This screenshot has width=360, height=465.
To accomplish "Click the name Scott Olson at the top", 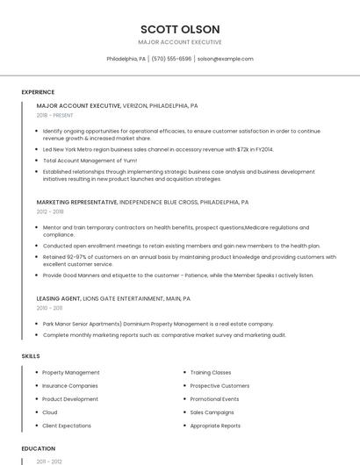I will pyautogui.click(x=179, y=29).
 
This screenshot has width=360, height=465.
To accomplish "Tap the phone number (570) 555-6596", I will pyautogui.click(x=171, y=59).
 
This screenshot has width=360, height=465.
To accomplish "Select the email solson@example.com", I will pyautogui.click(x=226, y=59).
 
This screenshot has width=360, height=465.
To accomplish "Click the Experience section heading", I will pyautogui.click(x=38, y=92).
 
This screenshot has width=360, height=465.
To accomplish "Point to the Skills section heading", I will pyautogui.click(x=31, y=356).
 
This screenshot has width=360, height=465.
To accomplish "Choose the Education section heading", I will pyautogui.click(x=38, y=448).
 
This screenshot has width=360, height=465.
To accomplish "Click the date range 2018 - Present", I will pyautogui.click(x=54, y=115).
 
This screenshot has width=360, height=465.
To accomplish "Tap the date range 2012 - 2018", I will pyautogui.click(x=50, y=211).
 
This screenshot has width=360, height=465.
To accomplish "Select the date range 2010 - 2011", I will pyautogui.click(x=49, y=308).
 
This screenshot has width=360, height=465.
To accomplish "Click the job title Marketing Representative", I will pyautogui.click(x=76, y=202).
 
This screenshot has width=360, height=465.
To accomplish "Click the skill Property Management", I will pyautogui.click(x=71, y=373).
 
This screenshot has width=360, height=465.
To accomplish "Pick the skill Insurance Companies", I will pyautogui.click(x=70, y=386).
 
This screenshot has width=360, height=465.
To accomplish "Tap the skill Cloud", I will pyautogui.click(x=50, y=412).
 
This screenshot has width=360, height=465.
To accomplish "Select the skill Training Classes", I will pyautogui.click(x=211, y=373).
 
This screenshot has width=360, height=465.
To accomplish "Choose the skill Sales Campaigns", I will pyautogui.click(x=212, y=412).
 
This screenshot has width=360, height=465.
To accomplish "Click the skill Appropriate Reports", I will pyautogui.click(x=215, y=426).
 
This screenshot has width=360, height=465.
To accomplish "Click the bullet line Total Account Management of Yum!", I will pyautogui.click(x=90, y=161).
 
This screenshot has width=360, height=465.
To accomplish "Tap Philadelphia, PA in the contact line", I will pyautogui.click(x=126, y=59).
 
